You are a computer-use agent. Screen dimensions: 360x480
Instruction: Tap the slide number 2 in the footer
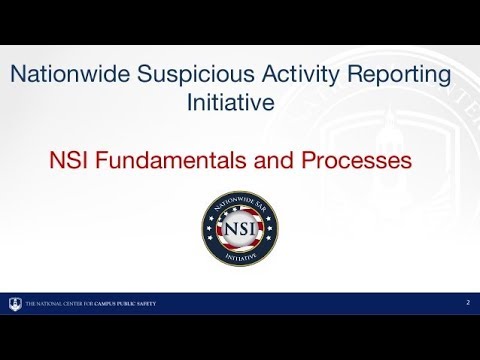tap(467, 302)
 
